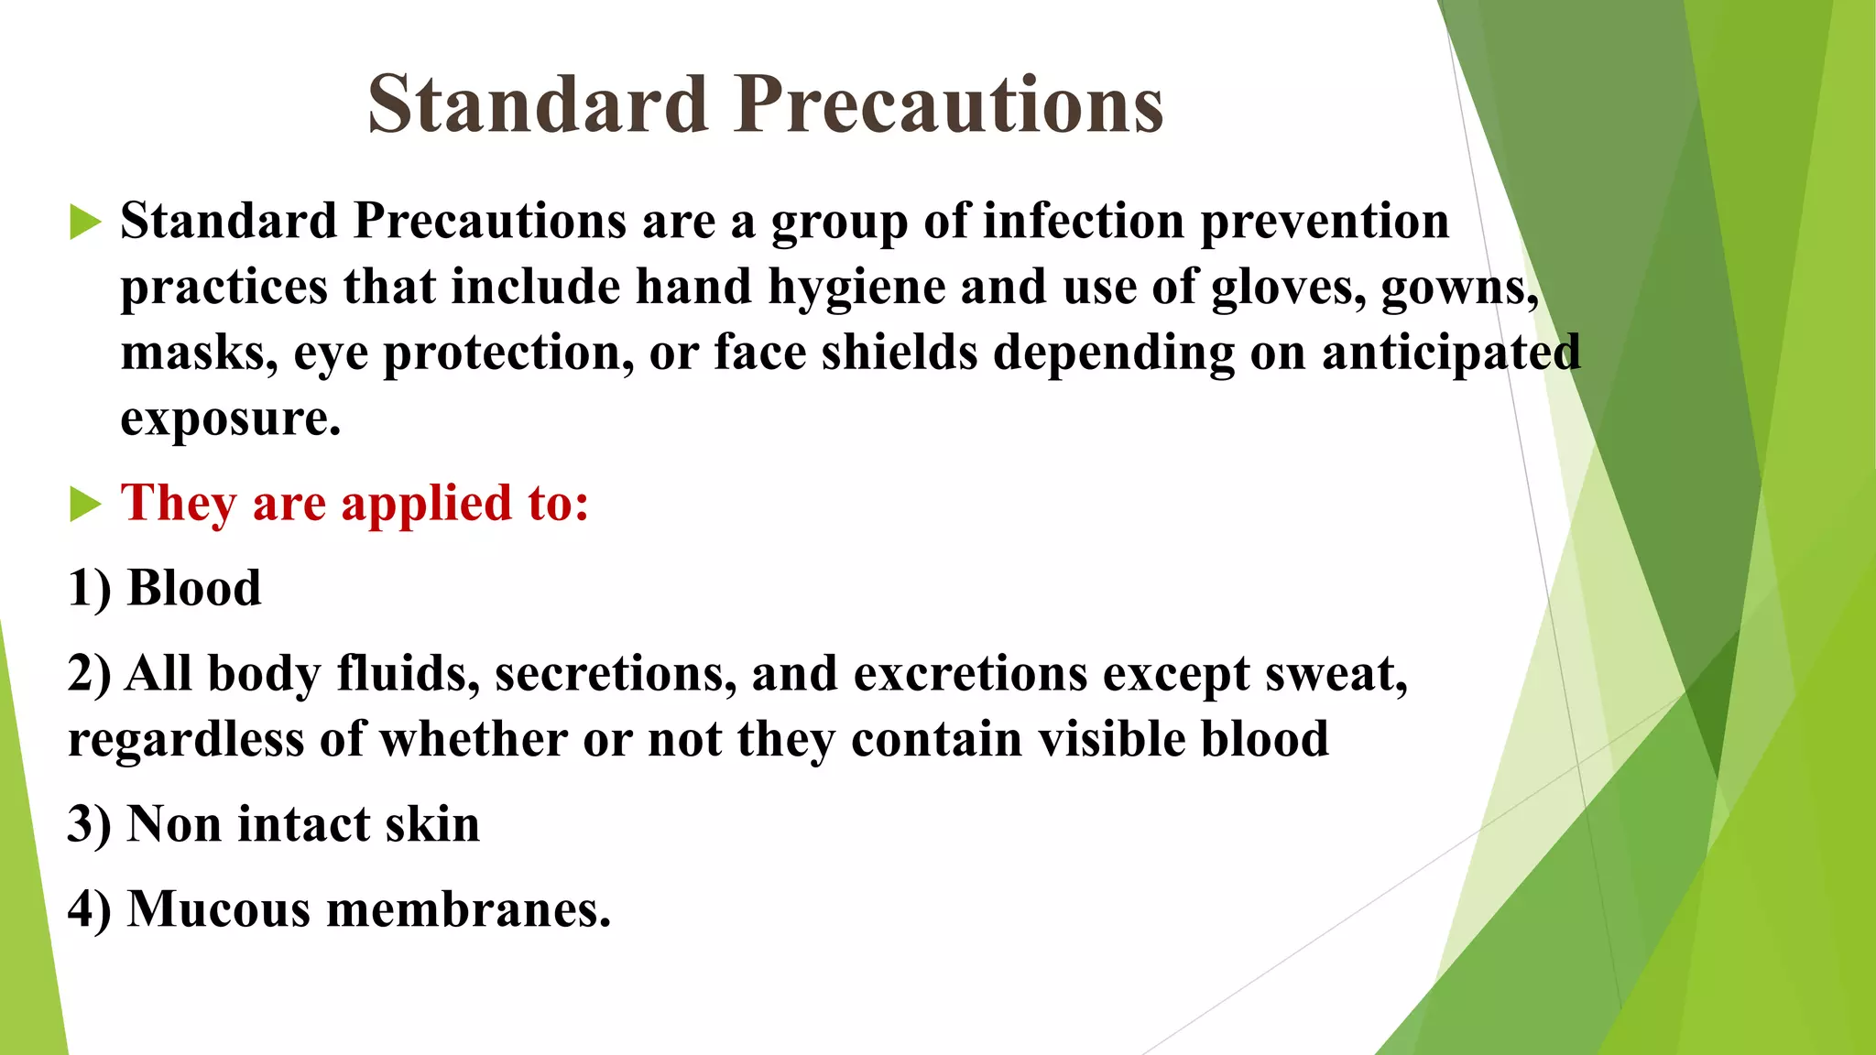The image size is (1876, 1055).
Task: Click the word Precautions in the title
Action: (949, 104)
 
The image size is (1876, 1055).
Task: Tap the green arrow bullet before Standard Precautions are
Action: (84, 223)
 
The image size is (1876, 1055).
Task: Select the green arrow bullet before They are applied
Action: (84, 504)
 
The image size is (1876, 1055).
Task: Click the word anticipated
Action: (1451, 353)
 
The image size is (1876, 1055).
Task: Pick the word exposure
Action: (230, 420)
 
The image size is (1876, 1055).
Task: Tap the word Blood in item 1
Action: (194, 588)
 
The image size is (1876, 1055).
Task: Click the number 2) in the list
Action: (90, 675)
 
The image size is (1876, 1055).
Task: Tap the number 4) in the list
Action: (90, 910)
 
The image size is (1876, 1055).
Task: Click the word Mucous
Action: (219, 910)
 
